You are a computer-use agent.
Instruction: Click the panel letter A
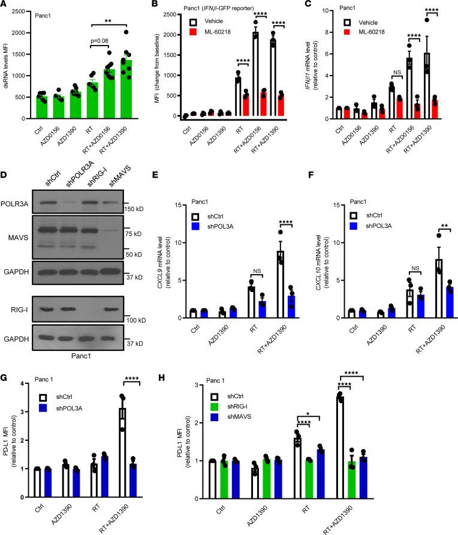[x=4, y=5]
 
